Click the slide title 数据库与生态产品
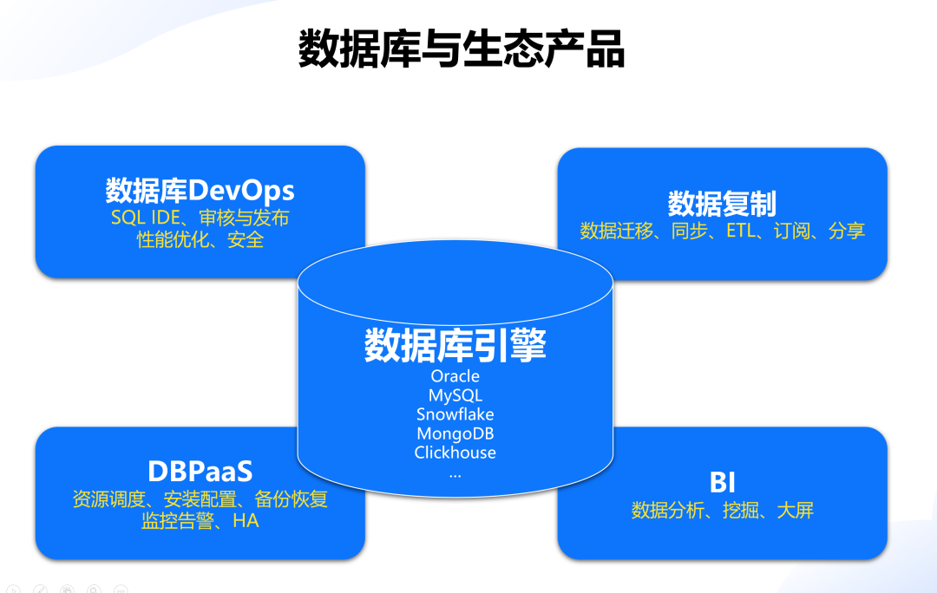point(461,49)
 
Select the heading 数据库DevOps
point(200,190)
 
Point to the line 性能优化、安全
point(200,239)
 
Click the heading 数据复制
point(722,204)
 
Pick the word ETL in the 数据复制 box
point(742,231)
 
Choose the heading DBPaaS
point(200,471)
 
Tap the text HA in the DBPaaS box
point(246,521)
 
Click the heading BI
point(722,482)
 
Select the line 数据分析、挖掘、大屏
point(722,510)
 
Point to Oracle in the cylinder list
point(455,376)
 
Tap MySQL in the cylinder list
point(455,395)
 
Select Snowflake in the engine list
point(455,414)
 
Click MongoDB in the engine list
point(455,433)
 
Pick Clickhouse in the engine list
point(455,453)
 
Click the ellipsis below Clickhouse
point(455,474)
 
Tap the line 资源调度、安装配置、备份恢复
point(200,500)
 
